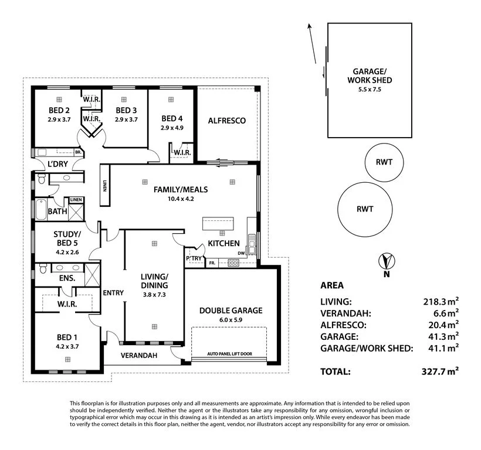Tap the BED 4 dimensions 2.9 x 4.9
[172, 127]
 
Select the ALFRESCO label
[226, 121]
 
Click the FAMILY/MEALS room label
[181, 189]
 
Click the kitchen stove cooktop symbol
[233, 263]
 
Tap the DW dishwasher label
[241, 253]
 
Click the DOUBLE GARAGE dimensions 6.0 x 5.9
[231, 320]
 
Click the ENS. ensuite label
[66, 278]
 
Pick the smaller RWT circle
[384, 162]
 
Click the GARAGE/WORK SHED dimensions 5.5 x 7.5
[370, 89]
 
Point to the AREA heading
[332, 286]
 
